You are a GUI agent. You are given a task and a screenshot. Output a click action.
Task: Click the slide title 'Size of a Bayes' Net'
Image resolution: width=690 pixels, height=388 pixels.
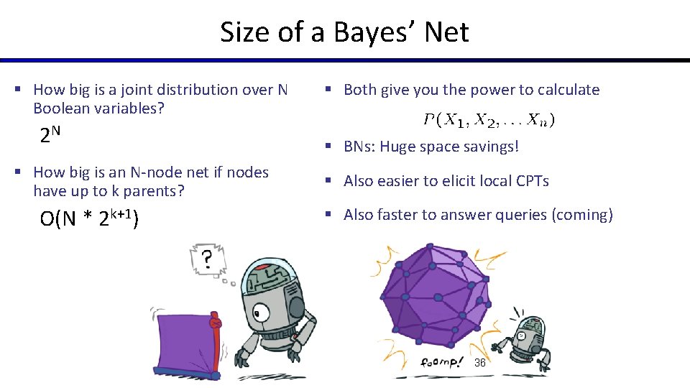pos(344,32)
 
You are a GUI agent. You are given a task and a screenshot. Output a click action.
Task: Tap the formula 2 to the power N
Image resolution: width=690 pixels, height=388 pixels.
pos(50,134)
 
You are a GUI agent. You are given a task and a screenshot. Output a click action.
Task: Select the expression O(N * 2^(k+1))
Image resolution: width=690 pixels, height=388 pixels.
pos(89,218)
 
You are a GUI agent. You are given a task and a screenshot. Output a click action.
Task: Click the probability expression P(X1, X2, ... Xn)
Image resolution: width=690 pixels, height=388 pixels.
pos(489,120)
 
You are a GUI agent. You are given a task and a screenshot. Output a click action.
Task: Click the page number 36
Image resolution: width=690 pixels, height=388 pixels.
pos(480,363)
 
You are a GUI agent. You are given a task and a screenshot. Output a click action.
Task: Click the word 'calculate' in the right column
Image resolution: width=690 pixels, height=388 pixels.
pos(565,90)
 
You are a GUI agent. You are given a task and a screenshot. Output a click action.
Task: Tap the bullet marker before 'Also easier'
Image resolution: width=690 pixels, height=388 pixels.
pos(326,181)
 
